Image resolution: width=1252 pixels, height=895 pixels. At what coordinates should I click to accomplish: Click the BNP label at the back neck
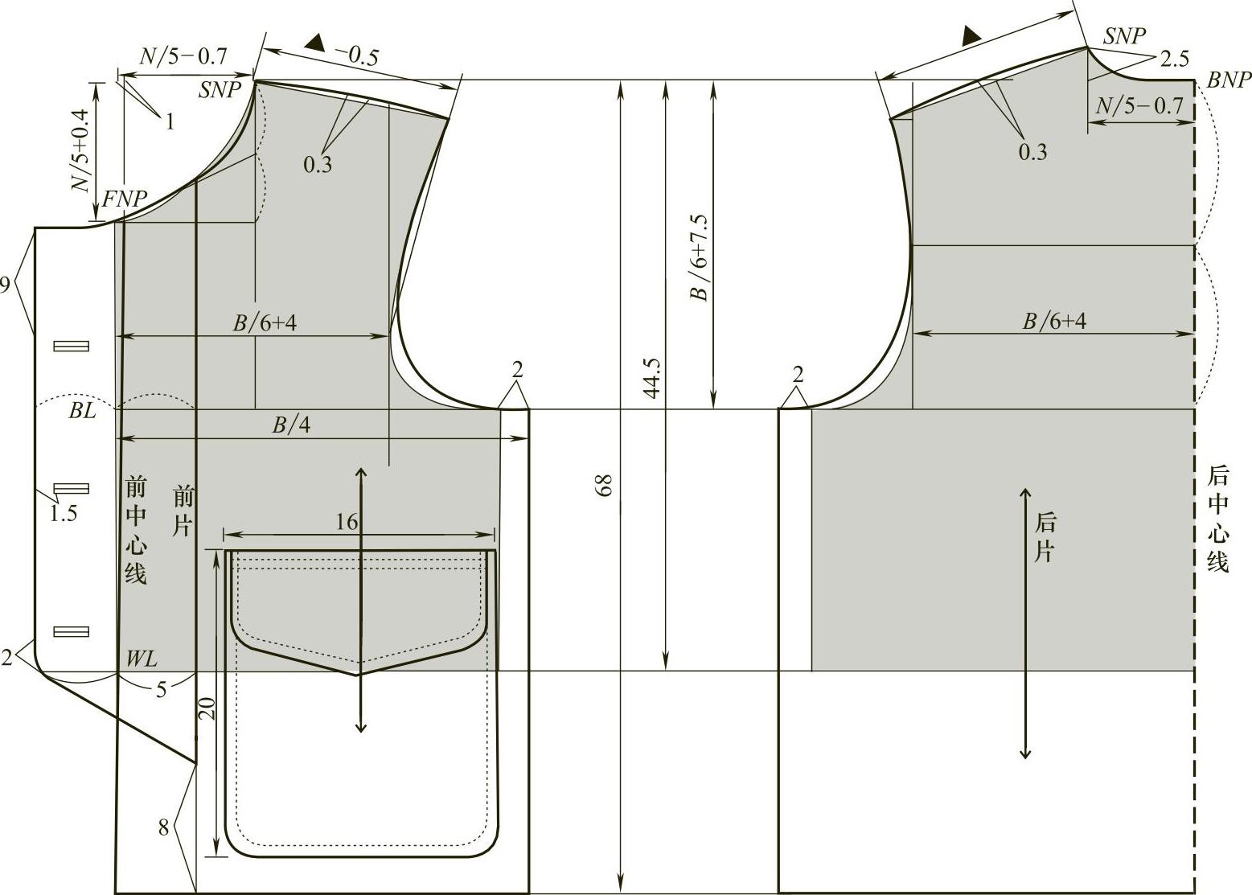[1228, 80]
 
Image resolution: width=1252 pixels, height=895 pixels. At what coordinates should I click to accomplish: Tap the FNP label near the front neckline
[124, 199]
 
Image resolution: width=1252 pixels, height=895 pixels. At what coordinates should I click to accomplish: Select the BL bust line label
[82, 411]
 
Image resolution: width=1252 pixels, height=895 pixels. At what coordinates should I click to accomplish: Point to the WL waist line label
[142, 659]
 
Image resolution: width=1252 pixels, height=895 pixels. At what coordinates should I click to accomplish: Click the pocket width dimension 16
[347, 522]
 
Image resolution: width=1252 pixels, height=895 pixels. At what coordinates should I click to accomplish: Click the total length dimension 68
[604, 485]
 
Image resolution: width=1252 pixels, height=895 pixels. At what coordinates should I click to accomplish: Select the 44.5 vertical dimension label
[651, 379]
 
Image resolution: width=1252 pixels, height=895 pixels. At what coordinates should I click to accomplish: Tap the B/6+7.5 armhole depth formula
[700, 257]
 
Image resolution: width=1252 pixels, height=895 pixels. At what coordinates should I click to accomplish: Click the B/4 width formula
[290, 425]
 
